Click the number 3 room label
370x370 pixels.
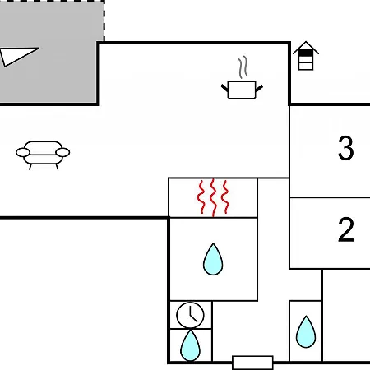point(345,148)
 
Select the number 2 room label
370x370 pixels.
point(346,229)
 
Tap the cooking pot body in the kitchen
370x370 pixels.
point(242,90)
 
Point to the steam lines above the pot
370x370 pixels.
point(243,67)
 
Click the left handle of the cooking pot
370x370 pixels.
point(224,88)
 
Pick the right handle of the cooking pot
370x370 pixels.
point(259,88)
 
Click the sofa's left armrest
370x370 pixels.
point(23,152)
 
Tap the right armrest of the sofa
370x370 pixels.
point(62,152)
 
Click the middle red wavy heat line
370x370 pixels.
point(213,197)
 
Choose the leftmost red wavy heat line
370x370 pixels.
point(201,197)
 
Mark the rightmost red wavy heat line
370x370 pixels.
point(225,197)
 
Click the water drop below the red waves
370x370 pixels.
point(213,260)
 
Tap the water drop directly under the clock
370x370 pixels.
point(190,346)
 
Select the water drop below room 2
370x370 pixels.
point(306,332)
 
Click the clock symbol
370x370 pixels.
point(190,315)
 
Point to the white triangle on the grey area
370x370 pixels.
point(16,56)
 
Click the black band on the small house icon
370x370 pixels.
point(306,53)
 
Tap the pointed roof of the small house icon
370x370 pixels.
point(306,47)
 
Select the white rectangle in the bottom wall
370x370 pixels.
point(252,363)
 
